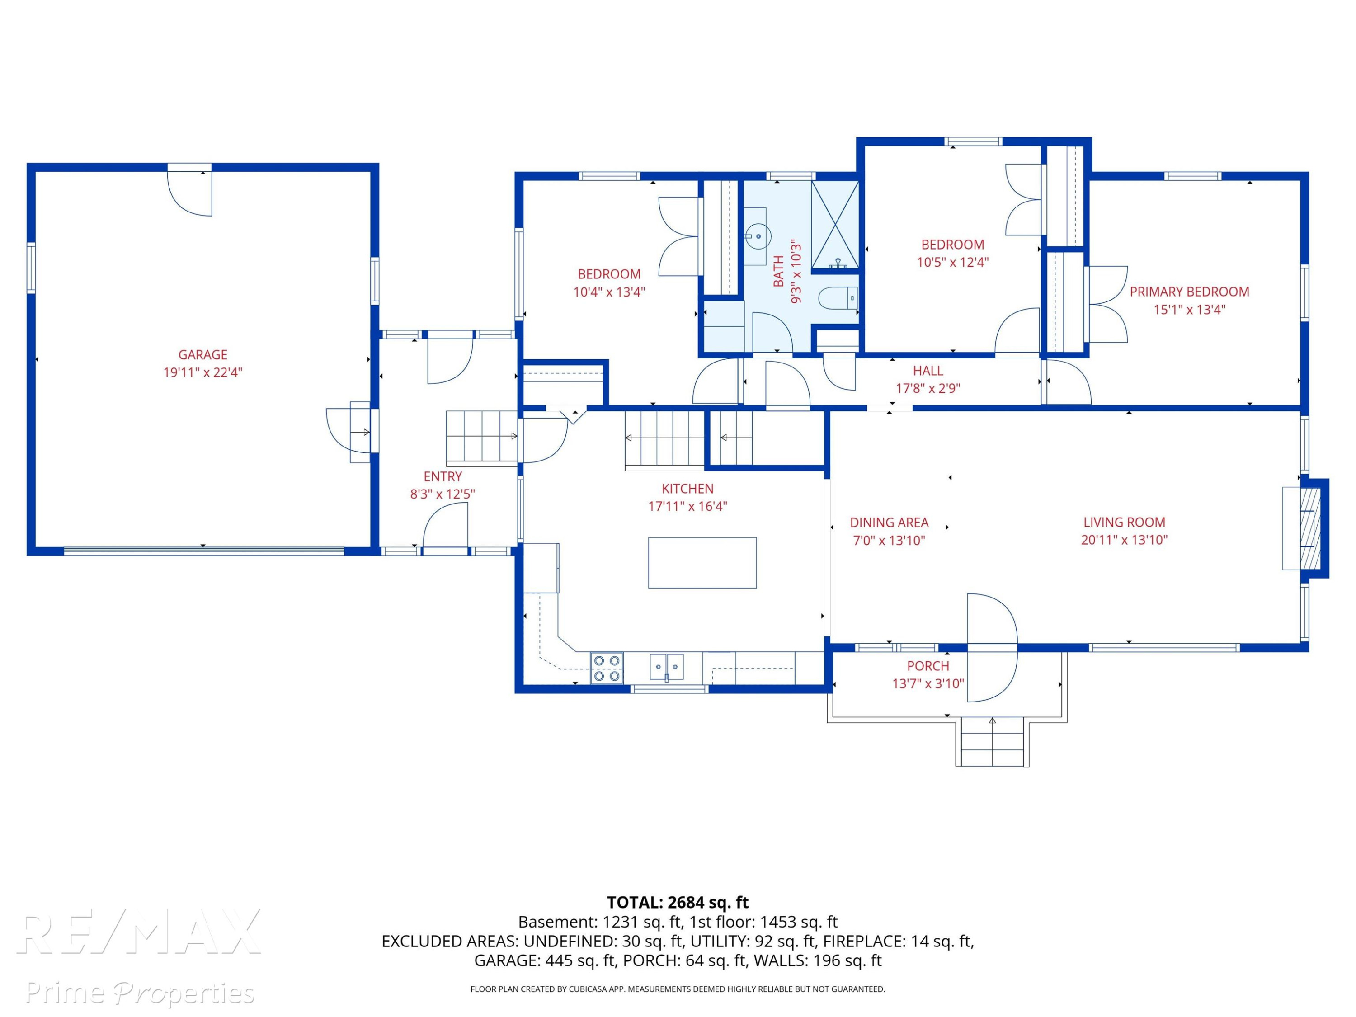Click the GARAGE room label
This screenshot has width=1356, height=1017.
(x=203, y=354)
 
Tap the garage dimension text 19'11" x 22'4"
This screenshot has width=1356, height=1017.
(x=203, y=372)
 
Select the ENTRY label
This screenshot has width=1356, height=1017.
(x=443, y=476)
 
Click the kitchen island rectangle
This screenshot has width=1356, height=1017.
(x=702, y=563)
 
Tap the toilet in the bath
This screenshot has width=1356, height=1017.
(x=838, y=298)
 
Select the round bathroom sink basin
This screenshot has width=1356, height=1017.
(x=759, y=236)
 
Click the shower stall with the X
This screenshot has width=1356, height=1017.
(x=835, y=226)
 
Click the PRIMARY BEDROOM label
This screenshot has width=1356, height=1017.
(x=1189, y=292)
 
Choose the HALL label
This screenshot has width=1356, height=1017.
(x=928, y=371)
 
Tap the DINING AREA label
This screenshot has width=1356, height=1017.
(x=889, y=523)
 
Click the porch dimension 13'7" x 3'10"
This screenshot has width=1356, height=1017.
(x=928, y=683)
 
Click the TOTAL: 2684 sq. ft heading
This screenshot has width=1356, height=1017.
(x=678, y=902)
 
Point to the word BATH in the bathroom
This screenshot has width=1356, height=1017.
(x=778, y=271)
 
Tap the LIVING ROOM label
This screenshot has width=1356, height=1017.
(x=1124, y=523)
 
